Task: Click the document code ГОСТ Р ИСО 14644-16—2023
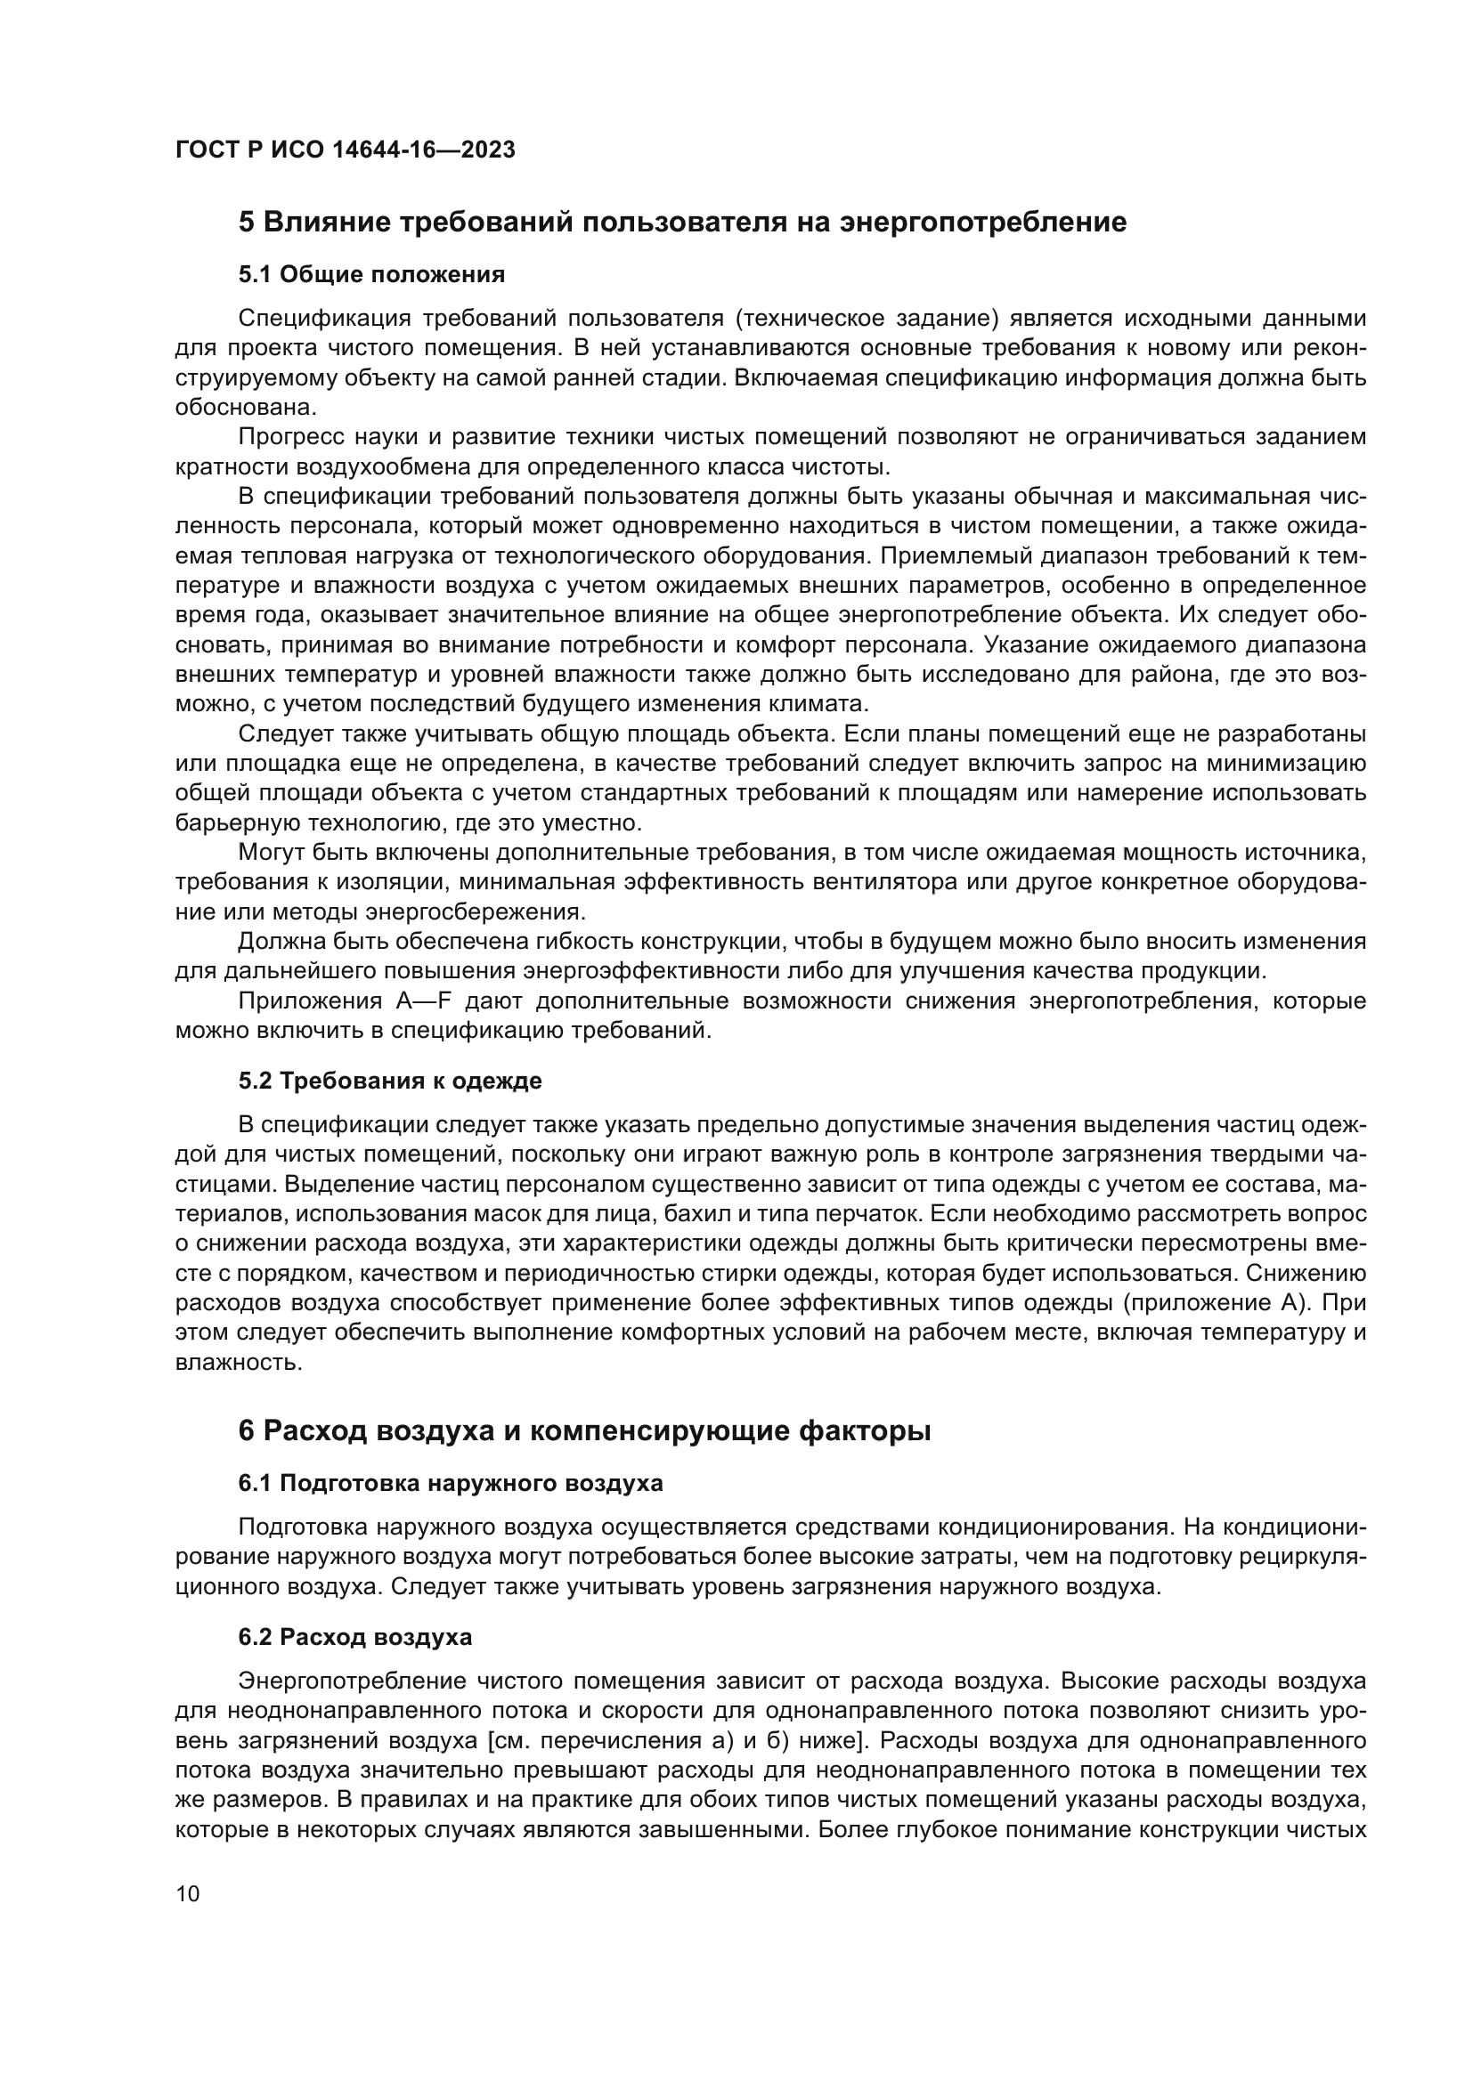(x=345, y=150)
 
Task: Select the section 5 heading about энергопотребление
(x=682, y=223)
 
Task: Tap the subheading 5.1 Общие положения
(x=372, y=274)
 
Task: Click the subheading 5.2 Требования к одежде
(x=390, y=1080)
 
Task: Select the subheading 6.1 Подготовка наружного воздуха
(x=451, y=1483)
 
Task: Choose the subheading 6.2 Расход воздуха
(x=354, y=1637)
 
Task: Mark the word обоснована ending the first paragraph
(x=232, y=407)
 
